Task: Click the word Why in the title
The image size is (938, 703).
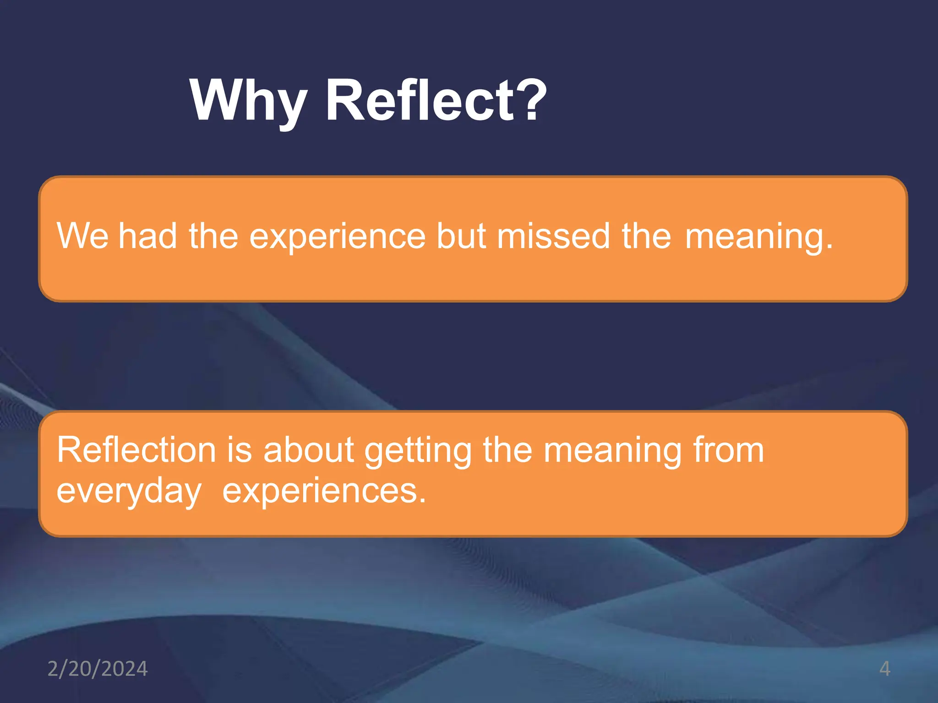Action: pyautogui.click(x=248, y=102)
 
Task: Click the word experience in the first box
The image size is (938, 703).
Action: pyautogui.click(x=337, y=237)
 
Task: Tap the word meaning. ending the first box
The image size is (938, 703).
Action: pyautogui.click(x=758, y=237)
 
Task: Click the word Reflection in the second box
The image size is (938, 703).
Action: pyautogui.click(x=136, y=450)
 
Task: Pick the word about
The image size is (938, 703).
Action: pyautogui.click(x=308, y=450)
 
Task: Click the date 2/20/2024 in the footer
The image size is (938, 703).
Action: pyautogui.click(x=98, y=669)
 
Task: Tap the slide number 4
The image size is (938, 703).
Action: pyautogui.click(x=884, y=669)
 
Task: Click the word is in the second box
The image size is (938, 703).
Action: pyautogui.click(x=240, y=450)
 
